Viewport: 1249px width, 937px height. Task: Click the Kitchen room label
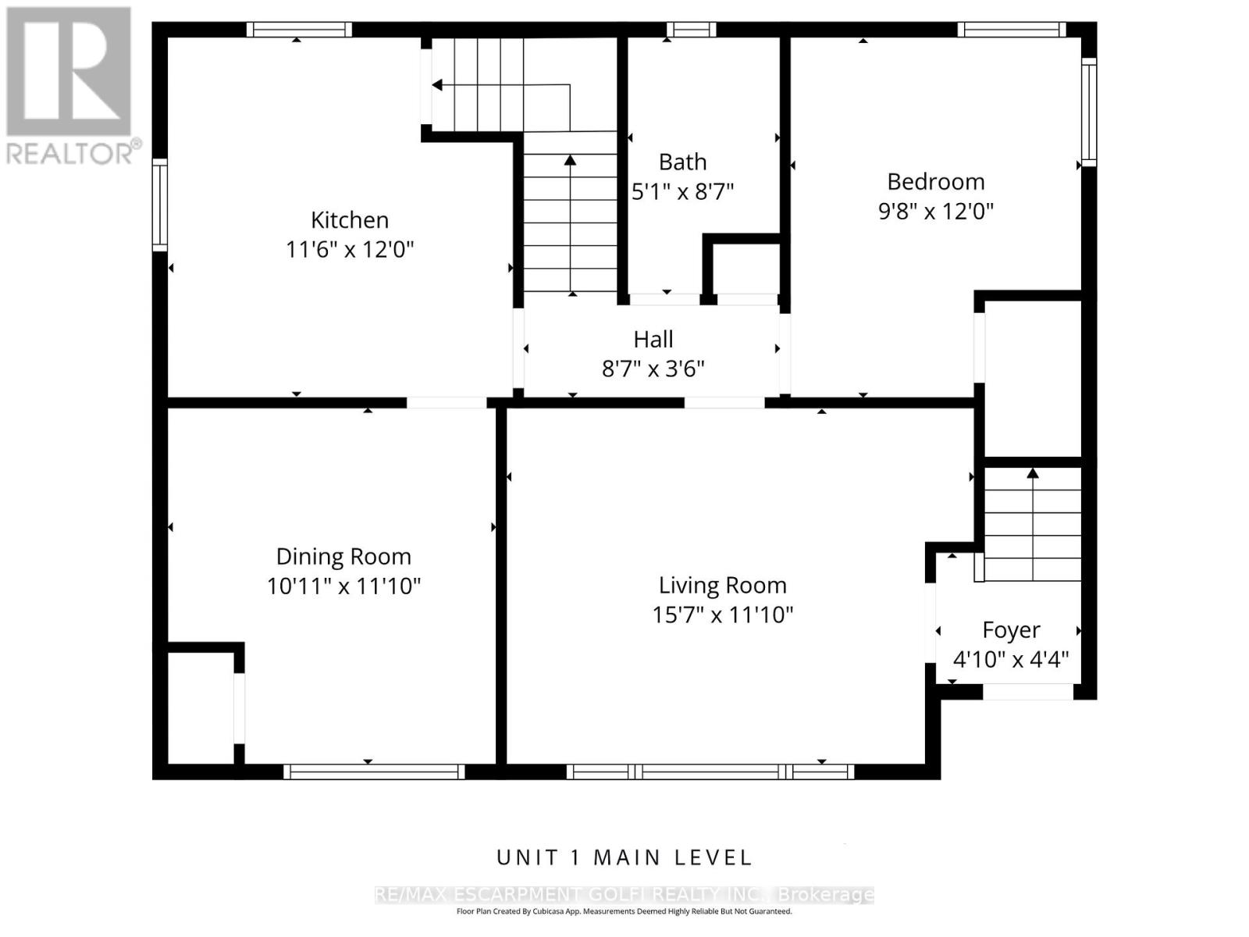coord(350,219)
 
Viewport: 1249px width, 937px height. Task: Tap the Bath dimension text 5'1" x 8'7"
coord(682,191)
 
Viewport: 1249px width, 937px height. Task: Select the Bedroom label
coord(935,181)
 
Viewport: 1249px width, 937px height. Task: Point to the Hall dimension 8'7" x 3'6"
coord(653,369)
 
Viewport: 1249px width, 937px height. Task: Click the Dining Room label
coord(343,556)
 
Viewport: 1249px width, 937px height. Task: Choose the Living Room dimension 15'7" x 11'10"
coord(722,615)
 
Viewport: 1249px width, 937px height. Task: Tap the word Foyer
coord(1011,630)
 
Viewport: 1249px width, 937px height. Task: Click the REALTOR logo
coord(70,85)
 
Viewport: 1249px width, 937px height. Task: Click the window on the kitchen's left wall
coord(160,205)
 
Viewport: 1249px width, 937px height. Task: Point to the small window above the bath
coord(691,30)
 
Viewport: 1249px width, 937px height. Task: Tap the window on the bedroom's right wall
coord(1088,112)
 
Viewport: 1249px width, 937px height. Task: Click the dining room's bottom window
coord(374,771)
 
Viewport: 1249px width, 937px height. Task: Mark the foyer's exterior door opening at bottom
coord(1027,692)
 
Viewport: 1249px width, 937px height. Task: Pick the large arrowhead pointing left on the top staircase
coord(437,85)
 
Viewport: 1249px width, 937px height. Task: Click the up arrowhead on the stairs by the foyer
coord(1033,472)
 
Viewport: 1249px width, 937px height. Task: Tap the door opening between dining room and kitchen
coord(447,402)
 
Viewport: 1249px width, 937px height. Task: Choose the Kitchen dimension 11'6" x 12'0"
coord(350,249)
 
